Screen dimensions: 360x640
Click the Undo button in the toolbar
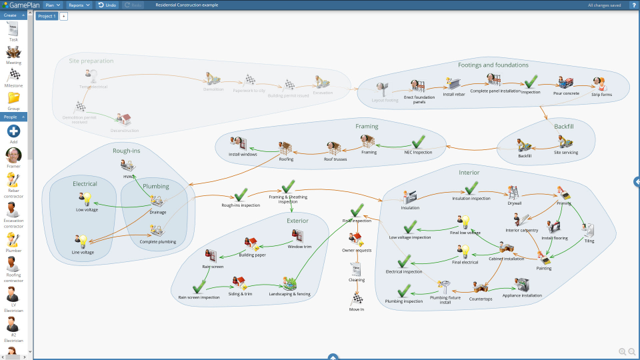coord(107,5)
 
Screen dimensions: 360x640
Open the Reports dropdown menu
coord(79,5)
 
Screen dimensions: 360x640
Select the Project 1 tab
coord(47,16)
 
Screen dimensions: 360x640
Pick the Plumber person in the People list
coord(13,241)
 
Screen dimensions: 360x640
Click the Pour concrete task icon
coord(566,83)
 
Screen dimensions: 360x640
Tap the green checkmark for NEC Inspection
coord(418,142)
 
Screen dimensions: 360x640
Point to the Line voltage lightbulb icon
coord(82,241)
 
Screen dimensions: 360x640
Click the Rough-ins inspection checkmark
coord(241,195)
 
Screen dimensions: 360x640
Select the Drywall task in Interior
coord(514,193)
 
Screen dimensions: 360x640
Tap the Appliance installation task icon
coord(521,285)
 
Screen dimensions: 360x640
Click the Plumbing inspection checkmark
coord(403,291)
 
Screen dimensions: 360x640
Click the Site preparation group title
coord(91,61)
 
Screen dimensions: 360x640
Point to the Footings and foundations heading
coord(493,65)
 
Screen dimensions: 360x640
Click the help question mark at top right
coord(633,5)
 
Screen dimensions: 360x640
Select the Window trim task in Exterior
coord(299,237)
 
